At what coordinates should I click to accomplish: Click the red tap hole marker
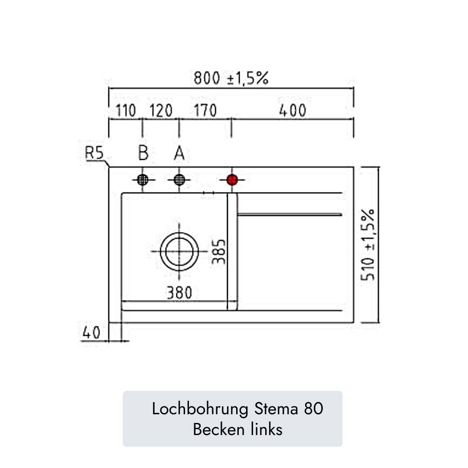point(233,179)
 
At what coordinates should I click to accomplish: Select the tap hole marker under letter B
point(143,179)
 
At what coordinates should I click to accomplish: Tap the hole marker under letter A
point(179,179)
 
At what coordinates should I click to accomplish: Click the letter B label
point(143,153)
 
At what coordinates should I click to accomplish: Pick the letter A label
point(179,153)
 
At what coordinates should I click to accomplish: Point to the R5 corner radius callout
point(95,153)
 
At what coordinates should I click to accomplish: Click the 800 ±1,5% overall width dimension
point(231,79)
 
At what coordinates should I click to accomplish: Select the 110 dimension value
point(126,111)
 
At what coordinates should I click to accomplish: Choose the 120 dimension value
point(161,111)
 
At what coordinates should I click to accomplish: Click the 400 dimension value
point(292,111)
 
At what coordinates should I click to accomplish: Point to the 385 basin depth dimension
point(219,251)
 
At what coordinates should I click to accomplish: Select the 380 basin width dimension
point(179,293)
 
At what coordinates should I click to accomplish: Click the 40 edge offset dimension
point(91,333)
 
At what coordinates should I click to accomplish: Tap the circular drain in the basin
point(179,251)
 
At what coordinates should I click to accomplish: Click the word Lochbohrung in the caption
point(200,409)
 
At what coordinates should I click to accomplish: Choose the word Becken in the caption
point(219,429)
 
